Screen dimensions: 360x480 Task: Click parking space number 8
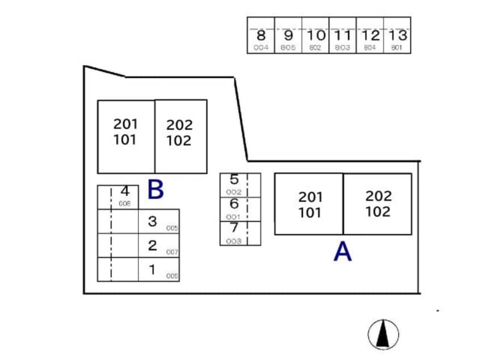261,36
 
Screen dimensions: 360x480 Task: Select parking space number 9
288,36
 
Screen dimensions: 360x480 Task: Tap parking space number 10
315,36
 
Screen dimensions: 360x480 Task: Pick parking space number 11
343,36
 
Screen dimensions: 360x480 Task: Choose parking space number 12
370,36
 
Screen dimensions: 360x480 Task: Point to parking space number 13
397,36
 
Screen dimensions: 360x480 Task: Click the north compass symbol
383,334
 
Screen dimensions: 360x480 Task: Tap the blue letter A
342,252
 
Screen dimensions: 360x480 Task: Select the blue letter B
155,190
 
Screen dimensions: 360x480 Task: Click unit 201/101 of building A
309,204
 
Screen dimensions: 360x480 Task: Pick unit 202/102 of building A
378,204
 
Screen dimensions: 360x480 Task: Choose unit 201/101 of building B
125,132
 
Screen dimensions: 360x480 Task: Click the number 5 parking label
234,181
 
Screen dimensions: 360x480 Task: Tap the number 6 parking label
234,204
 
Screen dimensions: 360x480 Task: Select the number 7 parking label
234,228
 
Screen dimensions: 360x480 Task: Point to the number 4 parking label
125,191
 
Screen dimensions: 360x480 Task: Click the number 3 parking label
152,221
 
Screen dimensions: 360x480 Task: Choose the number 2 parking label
152,245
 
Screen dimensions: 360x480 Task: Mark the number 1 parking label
152,270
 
